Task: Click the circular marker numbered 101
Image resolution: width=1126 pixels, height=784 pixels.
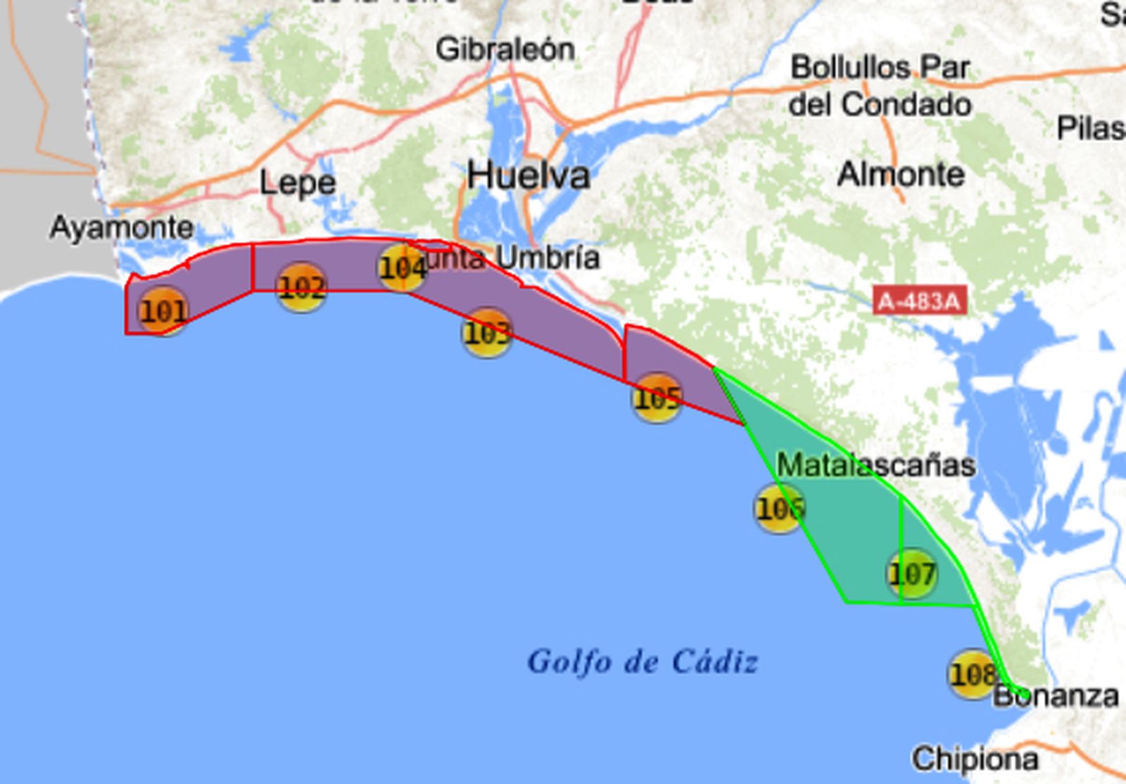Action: [x=163, y=310]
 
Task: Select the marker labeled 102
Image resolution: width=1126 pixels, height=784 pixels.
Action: [x=301, y=287]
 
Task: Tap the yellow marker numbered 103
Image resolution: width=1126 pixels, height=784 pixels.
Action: [x=486, y=333]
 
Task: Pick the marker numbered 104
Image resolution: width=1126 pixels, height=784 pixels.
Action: [x=403, y=267]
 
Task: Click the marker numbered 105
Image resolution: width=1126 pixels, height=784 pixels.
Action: [x=657, y=398]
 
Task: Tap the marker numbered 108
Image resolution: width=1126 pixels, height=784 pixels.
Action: [x=973, y=674]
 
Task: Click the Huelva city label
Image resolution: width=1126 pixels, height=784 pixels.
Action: [x=529, y=175]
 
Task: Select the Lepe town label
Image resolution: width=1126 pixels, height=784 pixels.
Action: [x=297, y=183]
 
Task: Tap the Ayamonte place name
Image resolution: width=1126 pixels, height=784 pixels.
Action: [x=122, y=227]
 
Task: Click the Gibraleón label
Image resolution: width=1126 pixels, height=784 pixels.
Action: [x=505, y=49]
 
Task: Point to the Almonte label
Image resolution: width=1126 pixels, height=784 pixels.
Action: [x=901, y=174]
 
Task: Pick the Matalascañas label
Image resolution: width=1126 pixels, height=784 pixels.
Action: [x=875, y=465]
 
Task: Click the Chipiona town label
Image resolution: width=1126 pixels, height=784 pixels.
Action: [x=975, y=759]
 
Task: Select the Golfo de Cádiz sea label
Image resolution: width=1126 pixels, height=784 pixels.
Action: [x=643, y=662]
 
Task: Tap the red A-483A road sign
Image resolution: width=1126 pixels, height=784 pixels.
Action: [x=919, y=301]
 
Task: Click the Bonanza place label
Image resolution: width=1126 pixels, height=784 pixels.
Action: [x=1056, y=696]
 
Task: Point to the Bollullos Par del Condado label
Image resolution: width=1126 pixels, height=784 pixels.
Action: [x=880, y=86]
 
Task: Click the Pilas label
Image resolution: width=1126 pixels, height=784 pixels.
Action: [x=1090, y=129]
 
